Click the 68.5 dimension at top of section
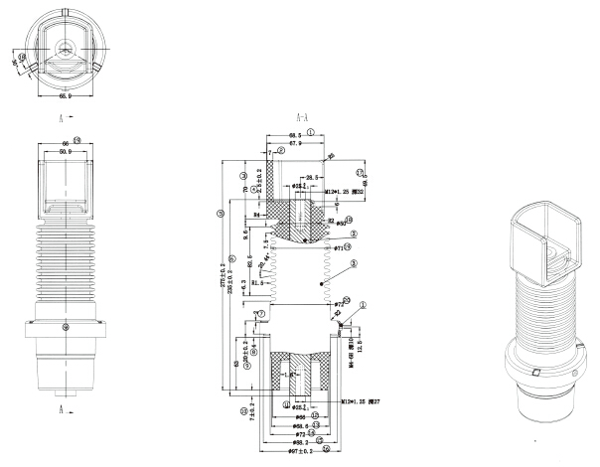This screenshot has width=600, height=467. [x=294, y=133]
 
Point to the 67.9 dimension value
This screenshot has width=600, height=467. [x=295, y=143]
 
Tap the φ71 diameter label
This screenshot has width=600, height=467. [x=340, y=246]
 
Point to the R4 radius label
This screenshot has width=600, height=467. [x=256, y=213]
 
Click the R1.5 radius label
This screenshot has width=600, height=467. [x=260, y=282]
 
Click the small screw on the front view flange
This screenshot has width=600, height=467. [x=66, y=328]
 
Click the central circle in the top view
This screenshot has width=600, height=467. [x=66, y=47]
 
